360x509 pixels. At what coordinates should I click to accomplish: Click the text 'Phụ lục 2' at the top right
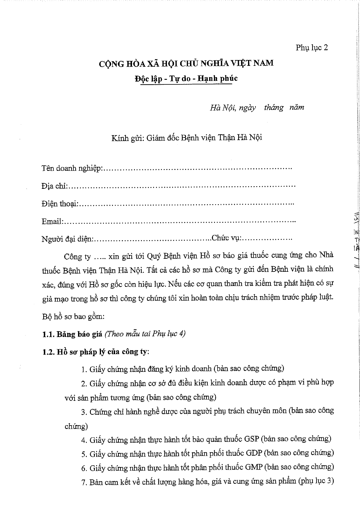click(x=312, y=47)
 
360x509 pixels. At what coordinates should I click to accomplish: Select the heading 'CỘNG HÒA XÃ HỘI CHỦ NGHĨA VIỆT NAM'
click(x=186, y=63)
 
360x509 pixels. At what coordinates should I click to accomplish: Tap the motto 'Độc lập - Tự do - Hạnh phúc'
click(x=186, y=78)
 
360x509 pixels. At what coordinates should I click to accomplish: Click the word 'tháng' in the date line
click(x=274, y=108)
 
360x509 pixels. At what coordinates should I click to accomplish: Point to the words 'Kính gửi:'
click(x=128, y=137)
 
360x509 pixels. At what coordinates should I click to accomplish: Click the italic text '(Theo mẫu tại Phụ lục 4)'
click(x=145, y=334)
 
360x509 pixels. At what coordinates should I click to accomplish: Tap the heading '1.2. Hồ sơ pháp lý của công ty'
click(x=95, y=352)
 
